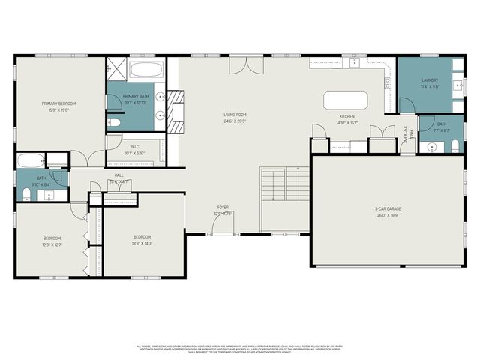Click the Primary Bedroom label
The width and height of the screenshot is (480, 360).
pos(58,103)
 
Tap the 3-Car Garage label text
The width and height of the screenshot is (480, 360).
pos(387,208)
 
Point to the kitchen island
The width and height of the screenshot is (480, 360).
pos(345,100)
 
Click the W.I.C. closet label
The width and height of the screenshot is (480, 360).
pos(135,147)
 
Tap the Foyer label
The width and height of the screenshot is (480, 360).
pos(223,207)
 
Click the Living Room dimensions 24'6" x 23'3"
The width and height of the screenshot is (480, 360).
pos(235,121)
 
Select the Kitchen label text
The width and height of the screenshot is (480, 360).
pos(346,117)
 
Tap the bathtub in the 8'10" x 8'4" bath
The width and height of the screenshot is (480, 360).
pos(29,161)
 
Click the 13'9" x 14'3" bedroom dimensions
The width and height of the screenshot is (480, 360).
pos(142,243)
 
